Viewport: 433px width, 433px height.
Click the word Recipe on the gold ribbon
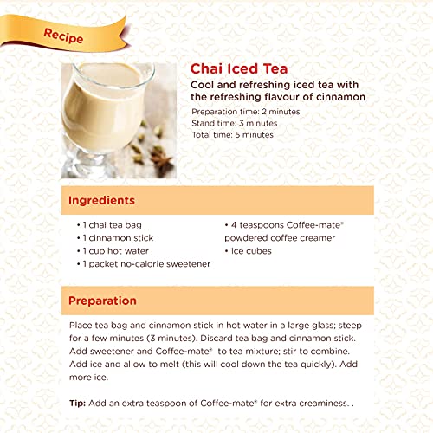point(63,36)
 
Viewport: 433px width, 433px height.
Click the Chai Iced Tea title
point(239,69)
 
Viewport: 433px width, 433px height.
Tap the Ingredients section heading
point(101,200)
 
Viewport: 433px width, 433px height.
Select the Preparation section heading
point(102,301)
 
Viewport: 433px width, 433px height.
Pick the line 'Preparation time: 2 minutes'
point(246,112)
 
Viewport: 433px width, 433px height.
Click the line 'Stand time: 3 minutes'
point(235,123)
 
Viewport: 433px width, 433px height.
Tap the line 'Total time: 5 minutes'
point(232,135)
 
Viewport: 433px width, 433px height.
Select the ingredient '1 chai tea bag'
point(112,225)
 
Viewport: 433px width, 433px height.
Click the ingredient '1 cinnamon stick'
point(118,238)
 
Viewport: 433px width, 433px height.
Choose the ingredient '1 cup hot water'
point(115,251)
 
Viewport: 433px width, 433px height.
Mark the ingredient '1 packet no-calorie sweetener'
point(146,264)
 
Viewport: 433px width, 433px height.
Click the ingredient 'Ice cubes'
point(251,251)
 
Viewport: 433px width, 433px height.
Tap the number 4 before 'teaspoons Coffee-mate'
point(234,225)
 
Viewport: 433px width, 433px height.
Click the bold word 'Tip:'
point(77,404)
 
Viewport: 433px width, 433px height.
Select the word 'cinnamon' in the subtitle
point(341,97)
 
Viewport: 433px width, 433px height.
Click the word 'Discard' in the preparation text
point(216,338)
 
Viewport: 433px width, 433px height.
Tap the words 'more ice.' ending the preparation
point(88,378)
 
